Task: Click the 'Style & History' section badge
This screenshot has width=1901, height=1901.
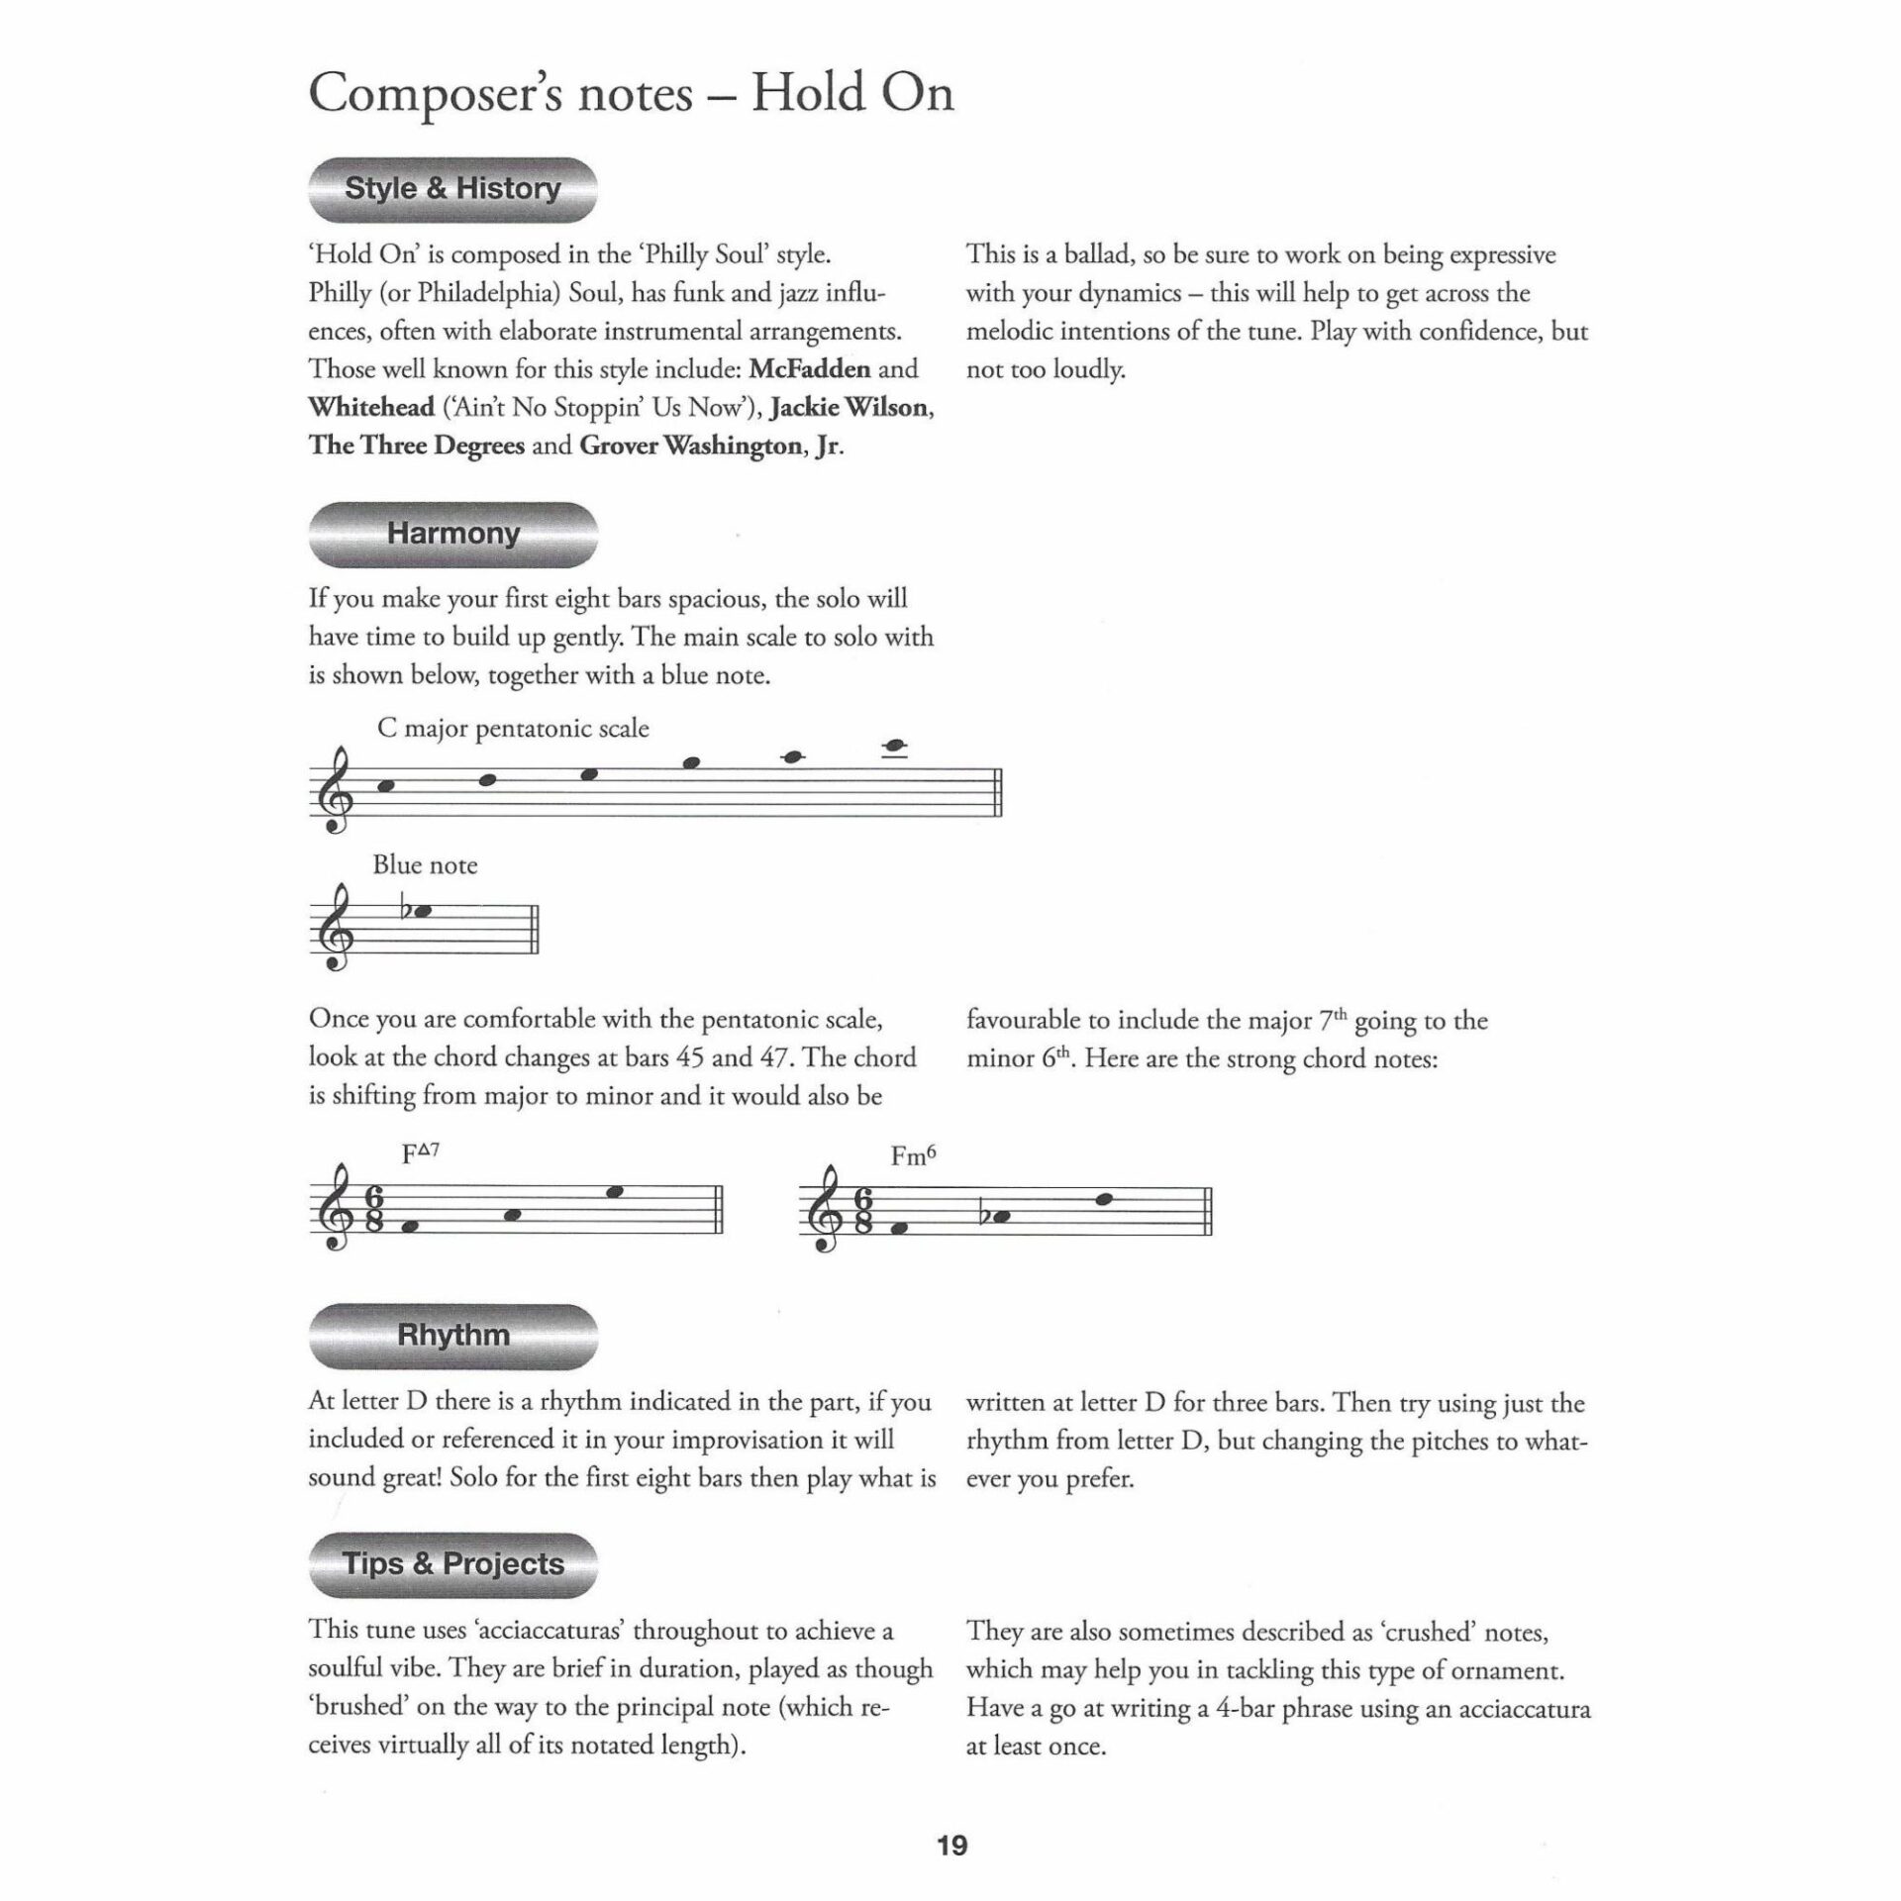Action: pyautogui.click(x=452, y=189)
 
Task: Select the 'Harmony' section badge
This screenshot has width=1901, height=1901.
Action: pyautogui.click(x=452, y=534)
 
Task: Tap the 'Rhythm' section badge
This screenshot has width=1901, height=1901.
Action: pyautogui.click(x=452, y=1335)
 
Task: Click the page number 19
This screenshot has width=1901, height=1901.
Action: pyautogui.click(x=951, y=1846)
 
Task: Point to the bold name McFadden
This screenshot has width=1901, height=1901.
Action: pyautogui.click(x=809, y=369)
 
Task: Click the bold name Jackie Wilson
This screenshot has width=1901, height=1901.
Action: pyautogui.click(x=849, y=408)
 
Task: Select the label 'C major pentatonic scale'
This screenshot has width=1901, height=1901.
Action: pyautogui.click(x=513, y=729)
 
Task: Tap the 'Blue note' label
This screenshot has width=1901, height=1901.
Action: pyautogui.click(x=425, y=865)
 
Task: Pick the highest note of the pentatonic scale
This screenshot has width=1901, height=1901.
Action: pyautogui.click(x=898, y=747)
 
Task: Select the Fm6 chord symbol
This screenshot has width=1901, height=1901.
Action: pyautogui.click(x=913, y=1155)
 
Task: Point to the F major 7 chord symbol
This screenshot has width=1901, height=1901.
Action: pyautogui.click(x=421, y=1154)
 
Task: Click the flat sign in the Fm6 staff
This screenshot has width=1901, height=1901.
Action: pyautogui.click(x=984, y=1215)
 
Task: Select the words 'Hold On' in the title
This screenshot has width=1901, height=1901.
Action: pyautogui.click(x=852, y=94)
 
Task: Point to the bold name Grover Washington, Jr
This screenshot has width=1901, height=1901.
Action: pyautogui.click(x=710, y=446)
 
